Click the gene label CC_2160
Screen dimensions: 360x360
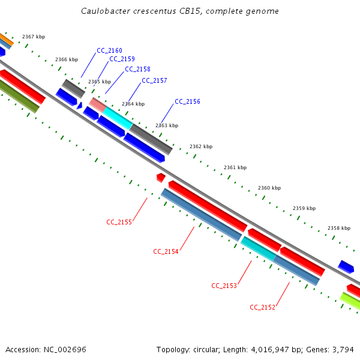click(109, 50)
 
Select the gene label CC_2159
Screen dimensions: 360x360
click(122, 59)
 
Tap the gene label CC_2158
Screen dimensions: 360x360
click(137, 70)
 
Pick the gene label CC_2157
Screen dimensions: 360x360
click(154, 80)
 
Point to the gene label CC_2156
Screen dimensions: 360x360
click(187, 102)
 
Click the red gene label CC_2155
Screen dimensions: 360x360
click(119, 222)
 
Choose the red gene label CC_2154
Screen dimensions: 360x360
click(166, 251)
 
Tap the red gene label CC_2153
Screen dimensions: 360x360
click(224, 286)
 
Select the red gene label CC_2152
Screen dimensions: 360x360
click(262, 307)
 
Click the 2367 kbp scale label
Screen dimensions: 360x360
click(34, 37)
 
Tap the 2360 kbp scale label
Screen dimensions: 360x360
click(269, 188)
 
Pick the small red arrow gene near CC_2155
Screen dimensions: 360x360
click(161, 178)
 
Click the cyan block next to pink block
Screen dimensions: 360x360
click(118, 118)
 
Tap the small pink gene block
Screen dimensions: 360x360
click(98, 104)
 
